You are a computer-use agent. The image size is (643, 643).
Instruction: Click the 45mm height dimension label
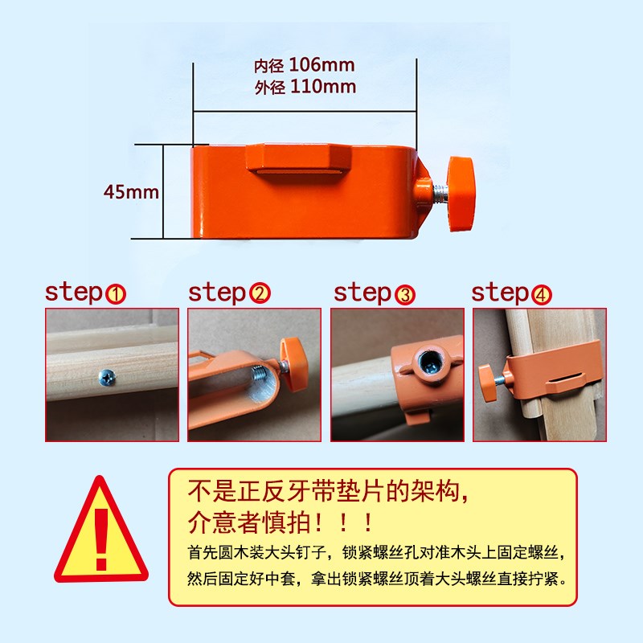[131, 192]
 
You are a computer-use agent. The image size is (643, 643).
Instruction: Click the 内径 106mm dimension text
[305, 64]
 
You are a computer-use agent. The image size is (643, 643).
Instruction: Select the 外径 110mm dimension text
[305, 87]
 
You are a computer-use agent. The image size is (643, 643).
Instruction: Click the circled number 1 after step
[117, 294]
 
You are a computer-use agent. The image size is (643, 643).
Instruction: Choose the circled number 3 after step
[404, 294]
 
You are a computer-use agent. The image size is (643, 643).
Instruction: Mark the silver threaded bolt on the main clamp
[440, 190]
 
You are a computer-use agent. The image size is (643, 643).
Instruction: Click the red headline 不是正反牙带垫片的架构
[327, 491]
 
